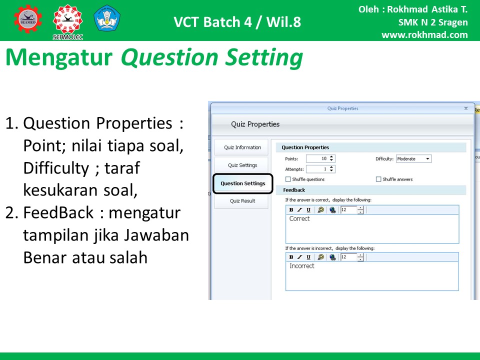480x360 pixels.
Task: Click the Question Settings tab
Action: [243, 183]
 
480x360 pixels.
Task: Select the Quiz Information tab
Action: [241, 147]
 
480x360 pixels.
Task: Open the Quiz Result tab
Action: [242, 201]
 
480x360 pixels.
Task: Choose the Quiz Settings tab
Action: [242, 165]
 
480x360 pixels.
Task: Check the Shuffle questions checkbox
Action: [288, 179]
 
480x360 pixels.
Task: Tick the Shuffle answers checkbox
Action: [378, 179]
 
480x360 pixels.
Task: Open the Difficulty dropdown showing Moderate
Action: [413, 158]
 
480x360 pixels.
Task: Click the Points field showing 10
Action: [320, 158]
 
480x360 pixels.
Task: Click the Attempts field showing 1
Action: [320, 169]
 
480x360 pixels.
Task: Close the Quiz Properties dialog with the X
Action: [466, 108]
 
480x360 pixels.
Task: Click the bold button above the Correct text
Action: [291, 209]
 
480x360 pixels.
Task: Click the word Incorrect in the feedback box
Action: [302, 265]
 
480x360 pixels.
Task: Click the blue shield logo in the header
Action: [107, 18]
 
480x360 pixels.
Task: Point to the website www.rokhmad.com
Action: [424, 35]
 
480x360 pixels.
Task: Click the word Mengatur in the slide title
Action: [59, 57]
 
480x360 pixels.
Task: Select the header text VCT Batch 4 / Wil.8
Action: [237, 22]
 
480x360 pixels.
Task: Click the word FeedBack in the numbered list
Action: [58, 212]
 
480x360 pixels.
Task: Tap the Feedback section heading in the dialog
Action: [294, 190]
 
